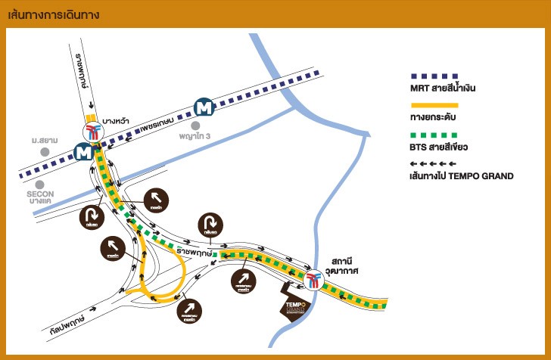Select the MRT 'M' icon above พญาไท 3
pyautogui.click(x=204, y=107)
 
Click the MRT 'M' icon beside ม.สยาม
pyautogui.click(x=84, y=152)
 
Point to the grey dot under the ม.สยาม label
pyautogui.click(x=45, y=151)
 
